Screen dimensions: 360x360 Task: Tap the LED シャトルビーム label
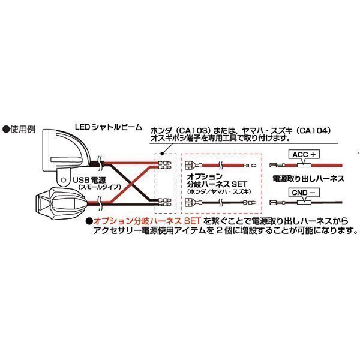[x=109, y=127]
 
